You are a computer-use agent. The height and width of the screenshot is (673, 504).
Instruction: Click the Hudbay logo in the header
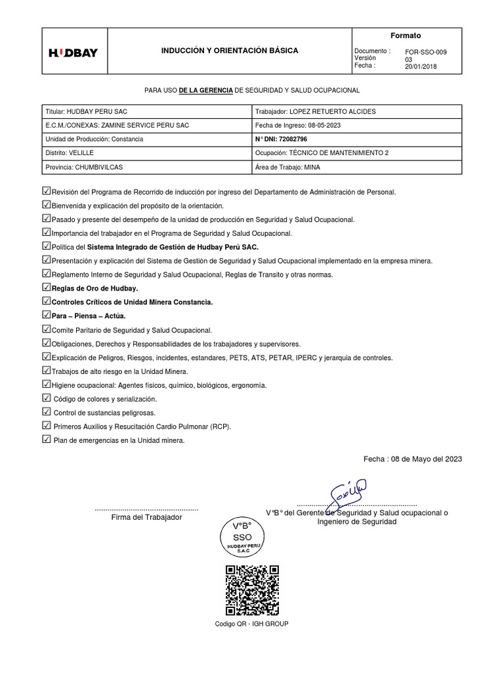click(x=73, y=53)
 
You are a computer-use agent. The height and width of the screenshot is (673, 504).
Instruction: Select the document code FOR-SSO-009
click(x=427, y=51)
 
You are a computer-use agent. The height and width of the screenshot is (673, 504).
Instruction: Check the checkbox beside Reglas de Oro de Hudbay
click(x=45, y=287)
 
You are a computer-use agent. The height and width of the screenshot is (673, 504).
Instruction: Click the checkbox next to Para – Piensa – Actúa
click(x=45, y=315)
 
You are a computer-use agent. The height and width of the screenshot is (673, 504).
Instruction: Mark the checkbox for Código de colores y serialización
click(x=45, y=398)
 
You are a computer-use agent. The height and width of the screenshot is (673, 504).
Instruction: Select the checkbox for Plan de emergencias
click(x=45, y=439)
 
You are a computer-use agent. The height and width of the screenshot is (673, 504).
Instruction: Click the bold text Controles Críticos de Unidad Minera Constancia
click(x=132, y=302)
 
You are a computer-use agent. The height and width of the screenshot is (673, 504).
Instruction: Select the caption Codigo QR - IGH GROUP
click(x=251, y=624)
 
